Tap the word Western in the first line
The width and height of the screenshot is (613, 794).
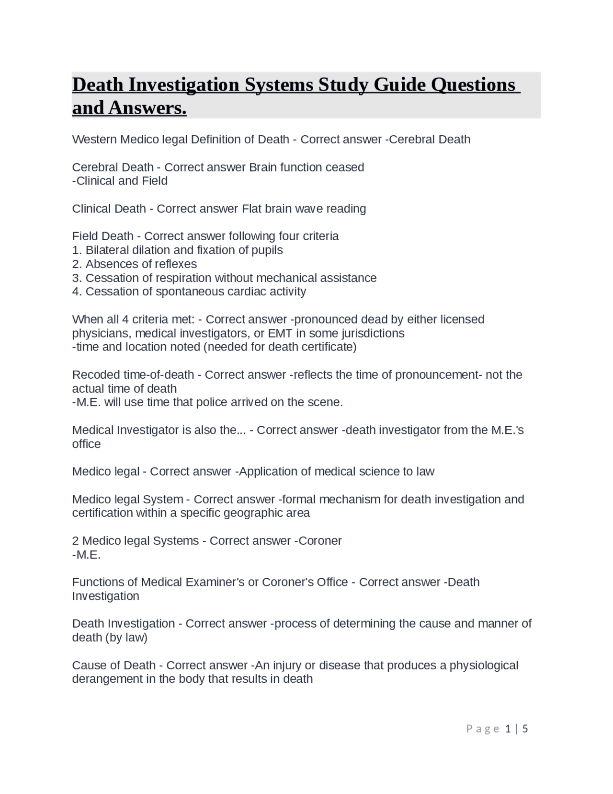(x=94, y=140)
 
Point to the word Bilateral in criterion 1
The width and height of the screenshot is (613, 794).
(x=107, y=250)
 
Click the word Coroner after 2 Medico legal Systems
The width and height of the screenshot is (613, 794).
(x=320, y=541)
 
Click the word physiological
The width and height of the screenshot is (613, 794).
(x=484, y=666)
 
